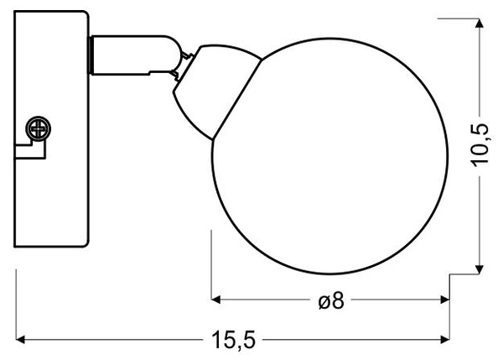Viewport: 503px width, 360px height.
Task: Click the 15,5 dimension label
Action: (x=234, y=340)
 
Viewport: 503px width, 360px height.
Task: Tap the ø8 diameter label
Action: (x=331, y=301)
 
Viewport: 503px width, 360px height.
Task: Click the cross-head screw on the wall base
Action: (x=39, y=128)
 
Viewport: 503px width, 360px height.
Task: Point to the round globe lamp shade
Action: (x=330, y=156)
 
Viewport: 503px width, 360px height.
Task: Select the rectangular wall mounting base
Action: (x=51, y=128)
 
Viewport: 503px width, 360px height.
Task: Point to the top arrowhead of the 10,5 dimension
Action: (x=480, y=23)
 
